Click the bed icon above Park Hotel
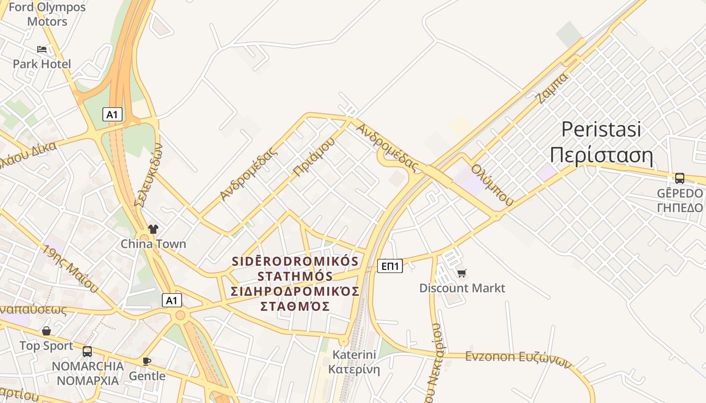(42, 49)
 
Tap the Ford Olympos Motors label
(47, 14)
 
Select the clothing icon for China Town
(153, 229)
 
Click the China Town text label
(153, 244)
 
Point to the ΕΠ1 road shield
(390, 266)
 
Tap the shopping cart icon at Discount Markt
(461, 274)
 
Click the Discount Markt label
(462, 288)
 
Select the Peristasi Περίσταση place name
(601, 143)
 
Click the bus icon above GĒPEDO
(680, 178)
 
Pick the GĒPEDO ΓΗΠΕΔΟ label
(680, 200)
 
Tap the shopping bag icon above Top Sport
(46, 331)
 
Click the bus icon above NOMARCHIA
(87, 351)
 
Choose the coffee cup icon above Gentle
(147, 361)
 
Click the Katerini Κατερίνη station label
(354, 362)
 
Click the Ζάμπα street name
(553, 88)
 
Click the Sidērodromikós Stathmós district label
(295, 284)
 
